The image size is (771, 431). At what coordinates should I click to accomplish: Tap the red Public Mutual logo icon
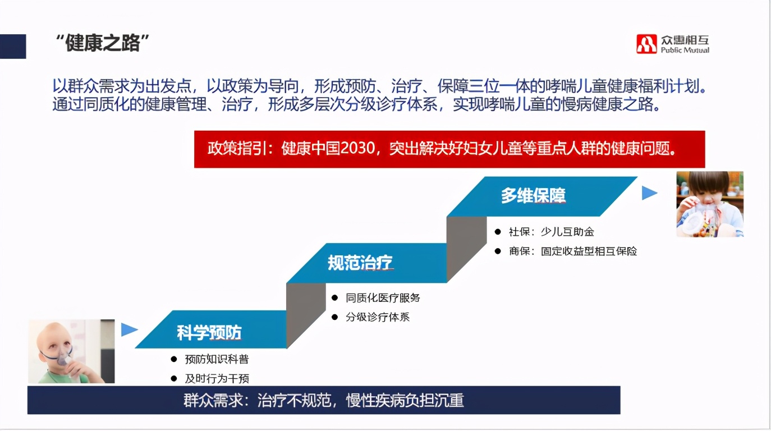click(x=646, y=44)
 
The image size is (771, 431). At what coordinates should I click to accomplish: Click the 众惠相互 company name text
click(x=685, y=40)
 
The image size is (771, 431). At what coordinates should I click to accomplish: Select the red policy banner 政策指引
click(x=449, y=149)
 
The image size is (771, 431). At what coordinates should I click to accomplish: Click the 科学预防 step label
click(x=209, y=333)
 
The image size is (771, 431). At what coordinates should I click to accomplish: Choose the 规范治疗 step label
click(x=360, y=263)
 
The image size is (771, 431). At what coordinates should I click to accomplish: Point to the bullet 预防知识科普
click(x=217, y=359)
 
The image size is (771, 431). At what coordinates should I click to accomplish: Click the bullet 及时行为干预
click(x=217, y=378)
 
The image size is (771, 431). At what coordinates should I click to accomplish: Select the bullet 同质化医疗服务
click(x=383, y=298)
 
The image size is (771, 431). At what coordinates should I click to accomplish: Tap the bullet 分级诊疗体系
click(x=378, y=317)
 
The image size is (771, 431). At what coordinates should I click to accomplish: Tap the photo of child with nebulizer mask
click(x=71, y=351)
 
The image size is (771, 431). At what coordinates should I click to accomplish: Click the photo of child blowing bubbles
click(x=709, y=204)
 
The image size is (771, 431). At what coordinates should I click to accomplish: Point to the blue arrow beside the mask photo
click(x=129, y=329)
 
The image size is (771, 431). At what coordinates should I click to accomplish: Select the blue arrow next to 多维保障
click(x=649, y=193)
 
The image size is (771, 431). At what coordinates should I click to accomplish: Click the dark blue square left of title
click(x=13, y=46)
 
